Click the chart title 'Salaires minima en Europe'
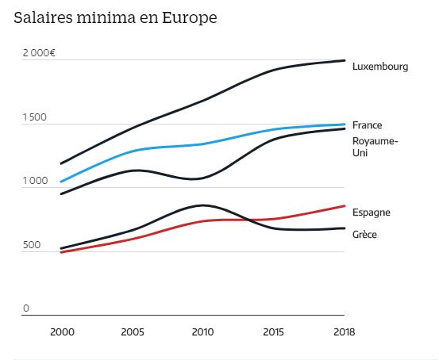click(x=115, y=17)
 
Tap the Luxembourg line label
click(x=379, y=67)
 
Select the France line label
click(x=367, y=125)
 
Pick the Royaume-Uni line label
click(x=375, y=147)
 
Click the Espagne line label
click(x=371, y=213)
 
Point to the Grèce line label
click(x=364, y=235)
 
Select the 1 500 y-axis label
click(x=34, y=117)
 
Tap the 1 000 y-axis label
click(x=34, y=182)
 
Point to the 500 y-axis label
click(x=30, y=245)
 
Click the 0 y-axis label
click(x=25, y=308)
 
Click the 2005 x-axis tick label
click(x=133, y=331)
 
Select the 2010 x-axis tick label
click(x=203, y=331)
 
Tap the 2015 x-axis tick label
click(x=274, y=331)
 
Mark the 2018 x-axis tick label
click(x=344, y=331)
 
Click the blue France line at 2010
click(x=203, y=144)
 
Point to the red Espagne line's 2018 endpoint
click(x=344, y=206)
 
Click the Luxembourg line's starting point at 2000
click(x=61, y=163)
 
